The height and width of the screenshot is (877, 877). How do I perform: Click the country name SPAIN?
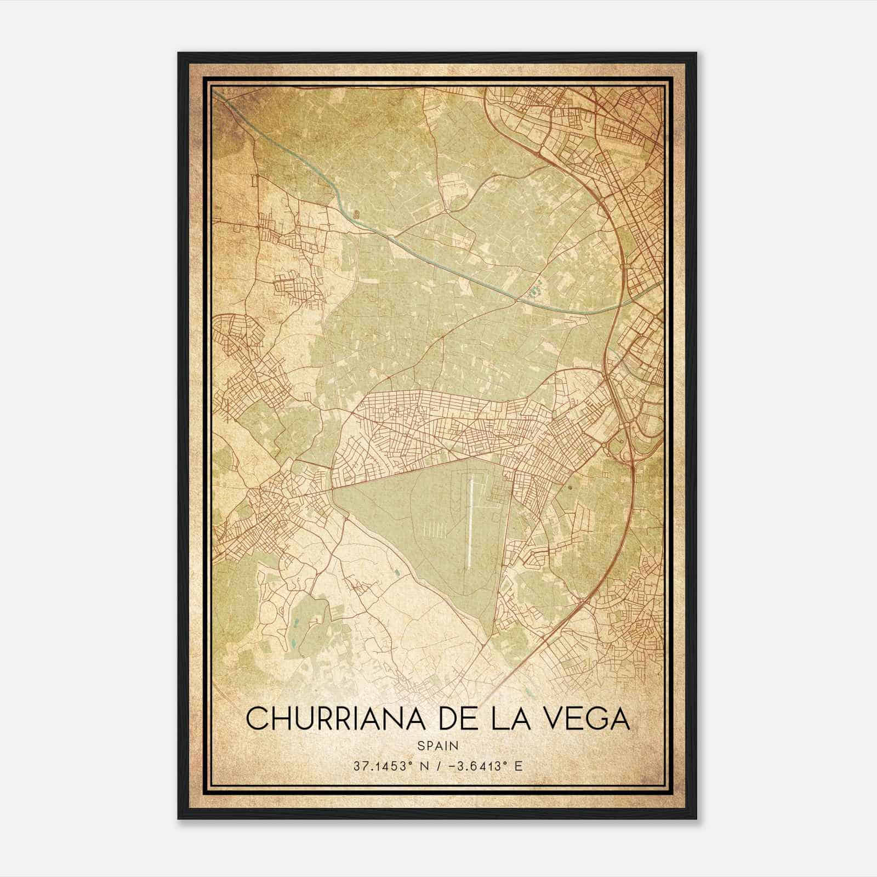pyautogui.click(x=437, y=745)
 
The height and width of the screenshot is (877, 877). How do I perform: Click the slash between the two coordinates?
pyautogui.click(x=438, y=766)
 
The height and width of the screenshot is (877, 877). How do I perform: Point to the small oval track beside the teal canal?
pyautogui.click(x=357, y=214)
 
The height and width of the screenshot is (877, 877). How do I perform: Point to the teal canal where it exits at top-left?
pyautogui.click(x=217, y=94)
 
